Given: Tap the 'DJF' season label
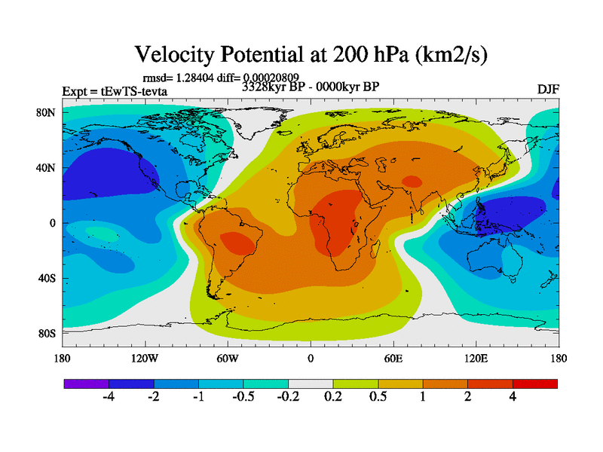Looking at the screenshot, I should [x=547, y=90].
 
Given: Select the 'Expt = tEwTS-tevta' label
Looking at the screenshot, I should [x=115, y=92].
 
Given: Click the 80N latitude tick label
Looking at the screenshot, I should [x=47, y=113].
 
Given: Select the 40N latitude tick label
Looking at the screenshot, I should [x=47, y=168].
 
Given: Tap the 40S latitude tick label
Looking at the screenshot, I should [x=47, y=279].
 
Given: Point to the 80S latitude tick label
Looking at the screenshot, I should [x=47, y=333].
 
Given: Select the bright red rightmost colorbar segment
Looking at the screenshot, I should [x=535, y=383].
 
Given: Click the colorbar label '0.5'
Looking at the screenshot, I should [x=378, y=399].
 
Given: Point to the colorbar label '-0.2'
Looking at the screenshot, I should [x=287, y=399].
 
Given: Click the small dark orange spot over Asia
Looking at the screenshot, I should [x=412, y=181].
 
